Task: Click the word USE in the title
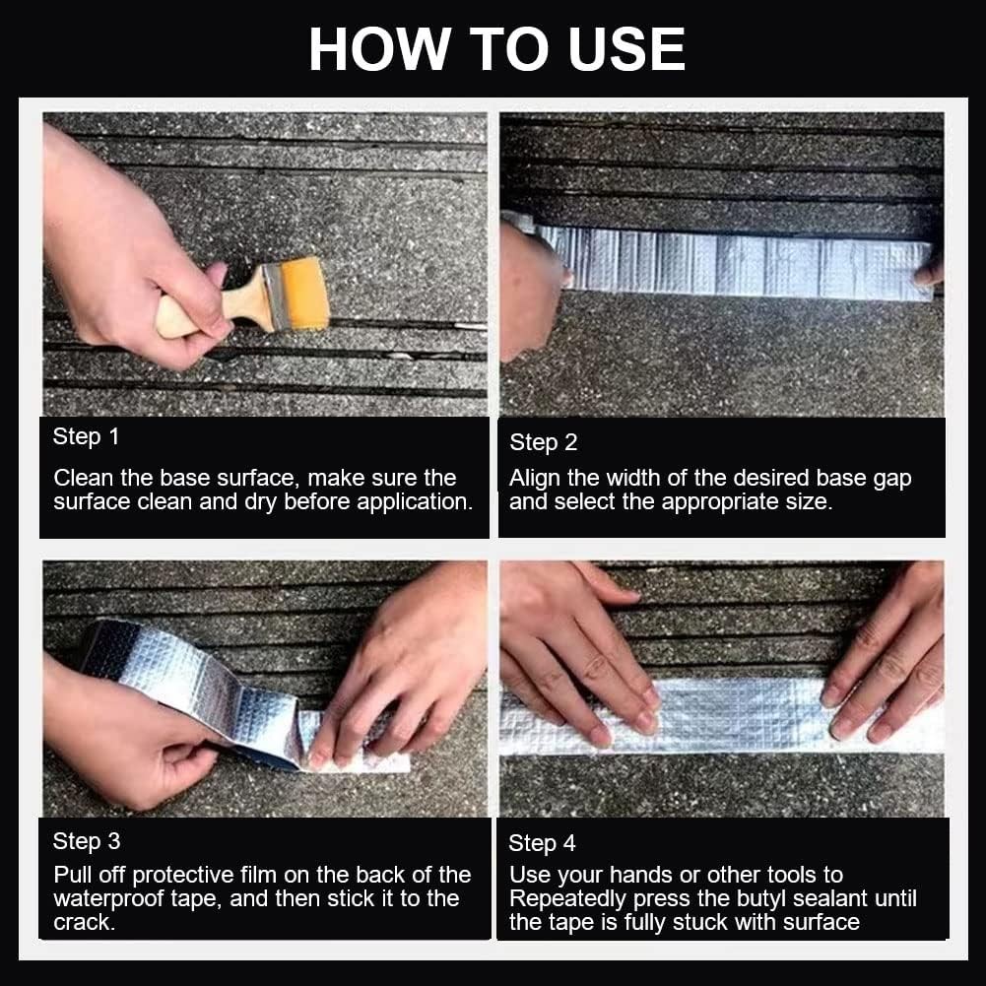tap(626, 49)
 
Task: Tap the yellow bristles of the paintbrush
tap(304, 294)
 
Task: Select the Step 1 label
tap(86, 437)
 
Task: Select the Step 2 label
tap(544, 442)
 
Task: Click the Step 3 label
tap(87, 841)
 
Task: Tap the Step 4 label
tap(542, 843)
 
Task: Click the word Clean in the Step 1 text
tap(83, 478)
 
